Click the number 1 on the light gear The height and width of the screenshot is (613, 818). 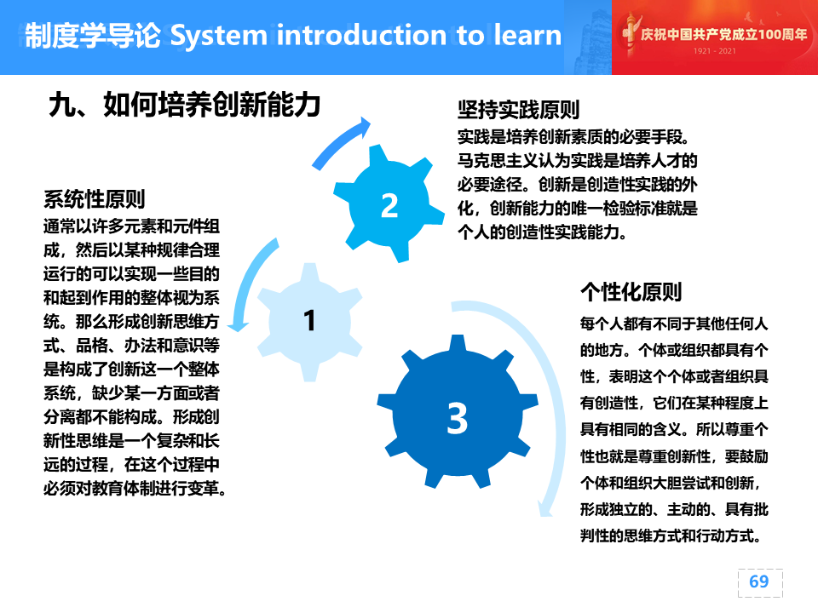pos(310,320)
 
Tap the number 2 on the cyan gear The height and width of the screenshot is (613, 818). pos(389,205)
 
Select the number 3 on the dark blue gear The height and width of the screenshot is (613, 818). pos(457,418)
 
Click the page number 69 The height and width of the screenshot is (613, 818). pos(759,581)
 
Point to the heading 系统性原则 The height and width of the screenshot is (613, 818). pos(95,199)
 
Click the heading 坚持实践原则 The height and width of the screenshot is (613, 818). pos(519,110)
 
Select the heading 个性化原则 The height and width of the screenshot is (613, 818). pos(631,292)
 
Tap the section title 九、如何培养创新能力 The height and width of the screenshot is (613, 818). pos(184,105)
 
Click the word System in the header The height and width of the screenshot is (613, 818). pos(219,36)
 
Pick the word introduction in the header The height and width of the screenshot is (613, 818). pos(361,36)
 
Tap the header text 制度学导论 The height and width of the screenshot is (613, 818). pos(93,36)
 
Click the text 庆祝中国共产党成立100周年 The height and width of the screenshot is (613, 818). pos(723,34)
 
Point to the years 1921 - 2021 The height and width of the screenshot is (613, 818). pos(715,50)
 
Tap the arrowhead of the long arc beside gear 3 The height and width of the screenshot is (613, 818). pos(545,509)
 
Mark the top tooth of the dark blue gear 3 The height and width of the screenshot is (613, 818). pos(458,344)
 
